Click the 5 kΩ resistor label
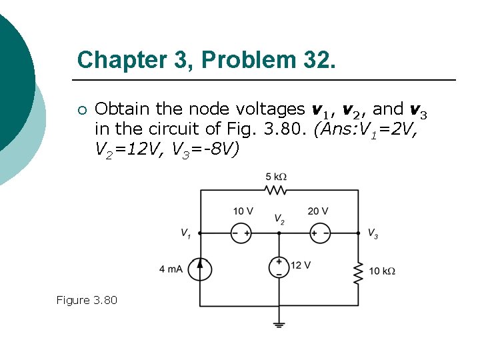(x=276, y=177)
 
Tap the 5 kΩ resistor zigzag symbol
(x=276, y=190)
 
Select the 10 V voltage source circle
(x=241, y=233)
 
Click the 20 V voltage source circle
(x=320, y=233)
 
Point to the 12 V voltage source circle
(x=279, y=267)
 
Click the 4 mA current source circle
(x=200, y=269)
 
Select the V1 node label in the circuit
(x=186, y=233)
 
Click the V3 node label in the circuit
(x=373, y=233)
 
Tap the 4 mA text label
(x=171, y=269)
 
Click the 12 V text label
(x=301, y=265)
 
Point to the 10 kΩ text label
(x=382, y=271)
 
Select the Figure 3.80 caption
(x=87, y=301)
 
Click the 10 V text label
(x=243, y=211)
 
